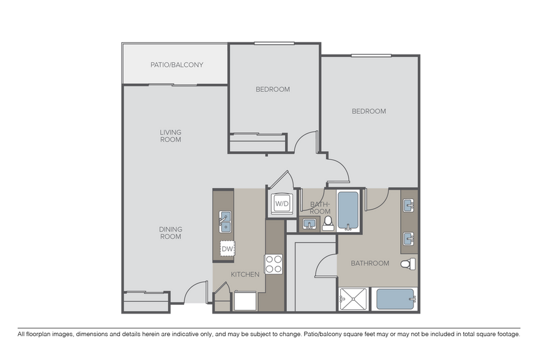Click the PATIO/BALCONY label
177,65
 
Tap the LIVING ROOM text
171,136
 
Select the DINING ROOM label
171,233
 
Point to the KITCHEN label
245,274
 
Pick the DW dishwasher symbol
227,249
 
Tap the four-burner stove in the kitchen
273,263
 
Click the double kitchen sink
225,222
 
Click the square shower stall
353,299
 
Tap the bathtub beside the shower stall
396,299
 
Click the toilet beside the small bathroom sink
327,222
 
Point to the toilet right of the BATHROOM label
408,264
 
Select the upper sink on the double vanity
409,204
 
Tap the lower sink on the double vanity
409,238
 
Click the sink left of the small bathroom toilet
309,223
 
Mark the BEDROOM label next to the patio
272,89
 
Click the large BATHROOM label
370,263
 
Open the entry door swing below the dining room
195,293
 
